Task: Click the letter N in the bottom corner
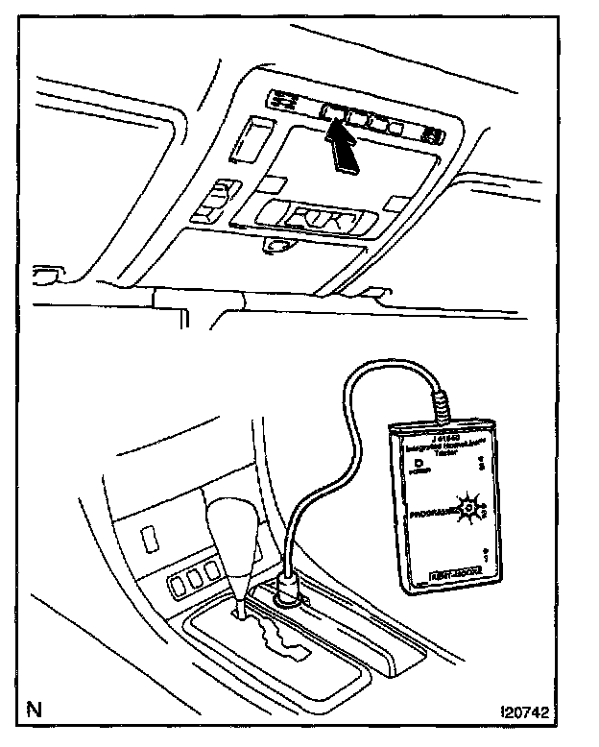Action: click(x=36, y=711)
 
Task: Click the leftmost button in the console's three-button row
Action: click(x=177, y=581)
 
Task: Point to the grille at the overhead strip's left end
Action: click(x=285, y=99)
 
